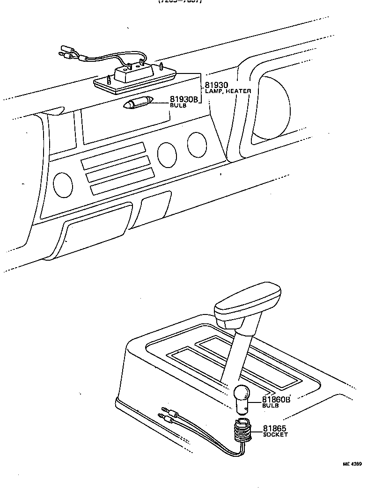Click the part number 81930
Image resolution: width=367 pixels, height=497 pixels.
(216, 85)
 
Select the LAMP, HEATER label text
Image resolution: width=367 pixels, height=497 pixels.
(228, 91)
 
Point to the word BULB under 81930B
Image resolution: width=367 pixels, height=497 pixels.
(177, 106)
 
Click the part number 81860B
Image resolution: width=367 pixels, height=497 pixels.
(276, 400)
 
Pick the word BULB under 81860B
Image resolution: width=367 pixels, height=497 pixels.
(270, 406)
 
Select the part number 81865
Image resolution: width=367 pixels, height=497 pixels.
(275, 428)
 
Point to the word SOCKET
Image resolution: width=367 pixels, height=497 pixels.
(275, 435)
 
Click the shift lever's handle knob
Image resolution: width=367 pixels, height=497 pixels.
(247, 305)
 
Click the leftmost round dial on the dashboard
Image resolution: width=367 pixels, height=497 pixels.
(63, 184)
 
